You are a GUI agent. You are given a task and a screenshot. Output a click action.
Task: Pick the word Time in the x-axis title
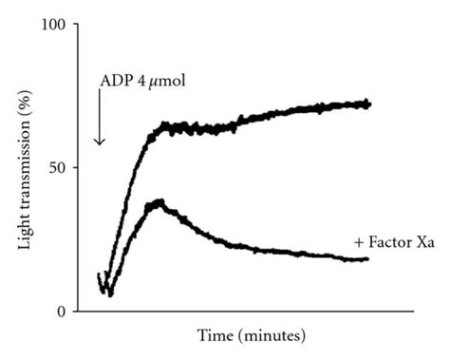point(216,335)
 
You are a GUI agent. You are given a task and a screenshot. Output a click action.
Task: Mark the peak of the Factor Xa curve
point(158,202)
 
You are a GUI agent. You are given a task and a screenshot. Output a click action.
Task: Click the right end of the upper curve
point(368,104)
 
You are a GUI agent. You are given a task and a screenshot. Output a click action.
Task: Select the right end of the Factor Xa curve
point(367,258)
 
